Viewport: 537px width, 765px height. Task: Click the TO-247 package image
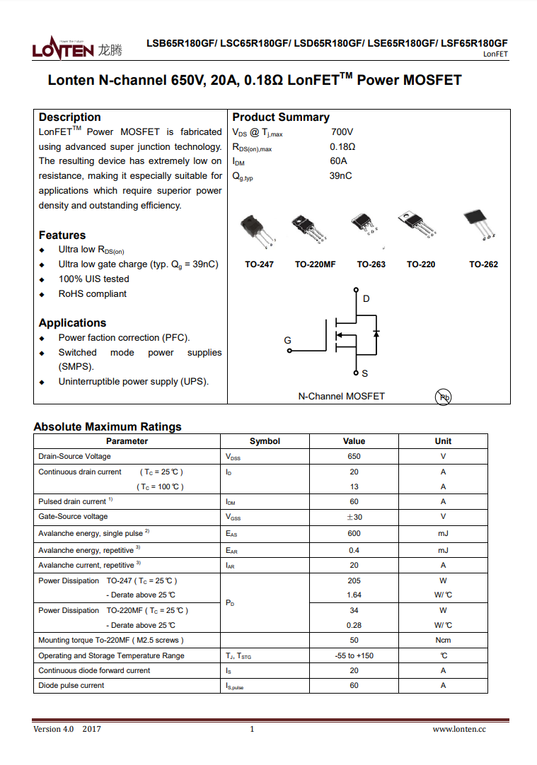point(255,231)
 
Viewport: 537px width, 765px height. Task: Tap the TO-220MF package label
point(315,264)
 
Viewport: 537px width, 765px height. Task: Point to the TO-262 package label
point(483,264)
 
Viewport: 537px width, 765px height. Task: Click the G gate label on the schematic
point(288,341)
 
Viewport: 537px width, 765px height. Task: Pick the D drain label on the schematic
point(366,299)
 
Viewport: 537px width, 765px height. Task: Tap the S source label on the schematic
point(364,373)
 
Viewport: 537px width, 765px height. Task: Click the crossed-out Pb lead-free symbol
point(444,397)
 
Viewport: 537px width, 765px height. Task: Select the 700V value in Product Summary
point(342,132)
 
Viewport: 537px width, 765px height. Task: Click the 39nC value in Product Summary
point(340,176)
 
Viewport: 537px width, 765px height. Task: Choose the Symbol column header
point(265,441)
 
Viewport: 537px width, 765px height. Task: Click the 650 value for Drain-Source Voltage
point(354,457)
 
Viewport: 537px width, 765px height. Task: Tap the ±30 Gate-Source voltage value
point(354,517)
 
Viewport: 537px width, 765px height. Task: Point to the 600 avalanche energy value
point(354,534)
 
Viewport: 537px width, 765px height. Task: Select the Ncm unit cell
point(443,641)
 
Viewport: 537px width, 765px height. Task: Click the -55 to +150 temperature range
point(354,656)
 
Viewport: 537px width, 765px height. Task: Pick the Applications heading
point(72,323)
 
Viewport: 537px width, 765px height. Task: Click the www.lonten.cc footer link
point(459,730)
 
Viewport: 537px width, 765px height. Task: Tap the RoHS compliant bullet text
point(93,294)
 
